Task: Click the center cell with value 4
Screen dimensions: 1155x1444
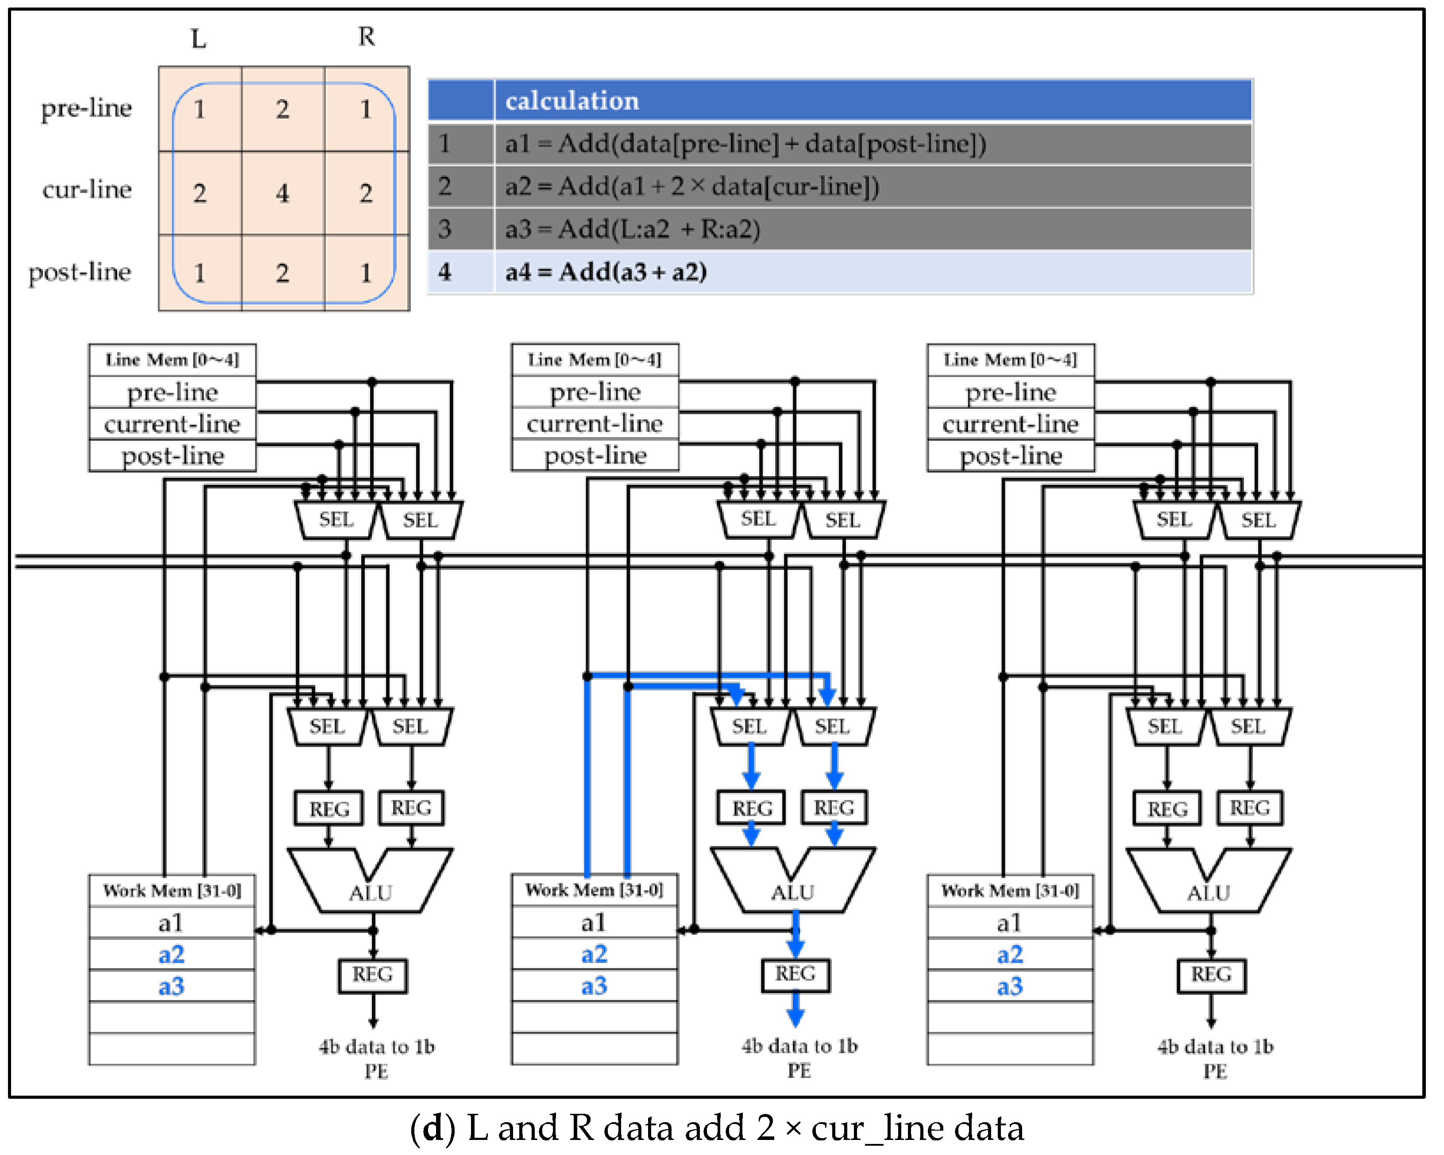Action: pyautogui.click(x=282, y=194)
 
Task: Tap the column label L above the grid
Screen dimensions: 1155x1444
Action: pyautogui.click(x=198, y=39)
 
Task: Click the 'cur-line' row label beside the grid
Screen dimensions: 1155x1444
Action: pyautogui.click(x=87, y=190)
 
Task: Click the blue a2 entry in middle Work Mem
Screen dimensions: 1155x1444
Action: pyautogui.click(x=594, y=954)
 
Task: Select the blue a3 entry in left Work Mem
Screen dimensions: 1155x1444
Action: pyautogui.click(x=171, y=986)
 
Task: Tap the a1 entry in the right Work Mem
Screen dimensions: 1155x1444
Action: pyautogui.click(x=1009, y=923)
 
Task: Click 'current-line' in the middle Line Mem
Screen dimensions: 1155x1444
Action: pyautogui.click(x=595, y=423)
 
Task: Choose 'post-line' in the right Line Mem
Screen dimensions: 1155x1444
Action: pyautogui.click(x=1011, y=456)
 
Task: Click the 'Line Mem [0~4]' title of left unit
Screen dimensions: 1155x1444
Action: pyautogui.click(x=172, y=360)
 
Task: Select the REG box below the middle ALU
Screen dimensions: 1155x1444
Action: pyautogui.click(x=795, y=974)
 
